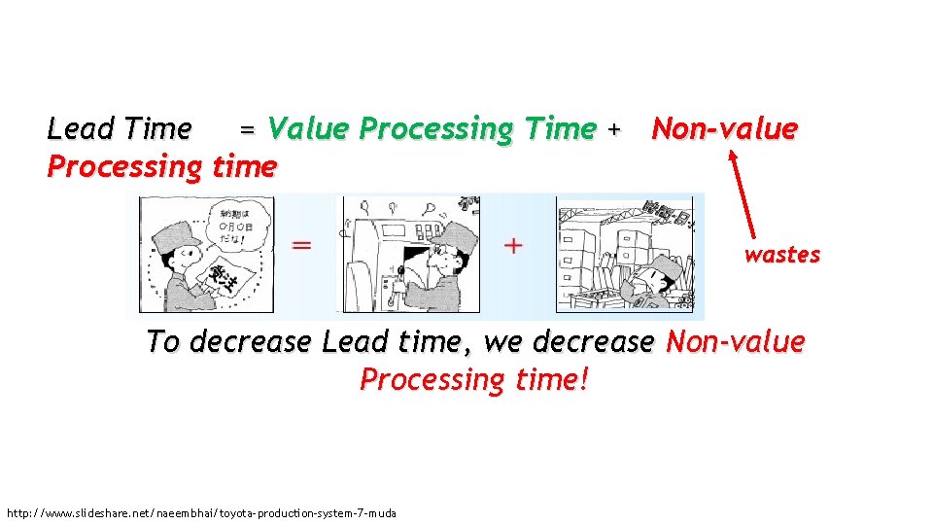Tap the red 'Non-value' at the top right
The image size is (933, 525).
pyautogui.click(x=724, y=128)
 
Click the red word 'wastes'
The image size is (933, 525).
pyautogui.click(x=782, y=255)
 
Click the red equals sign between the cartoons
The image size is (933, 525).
pyautogui.click(x=303, y=246)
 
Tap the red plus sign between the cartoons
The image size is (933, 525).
pyautogui.click(x=513, y=245)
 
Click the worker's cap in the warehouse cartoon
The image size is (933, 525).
pyautogui.click(x=664, y=265)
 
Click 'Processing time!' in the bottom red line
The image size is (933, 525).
pyautogui.click(x=474, y=379)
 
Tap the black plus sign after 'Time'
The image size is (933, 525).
pyautogui.click(x=612, y=129)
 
